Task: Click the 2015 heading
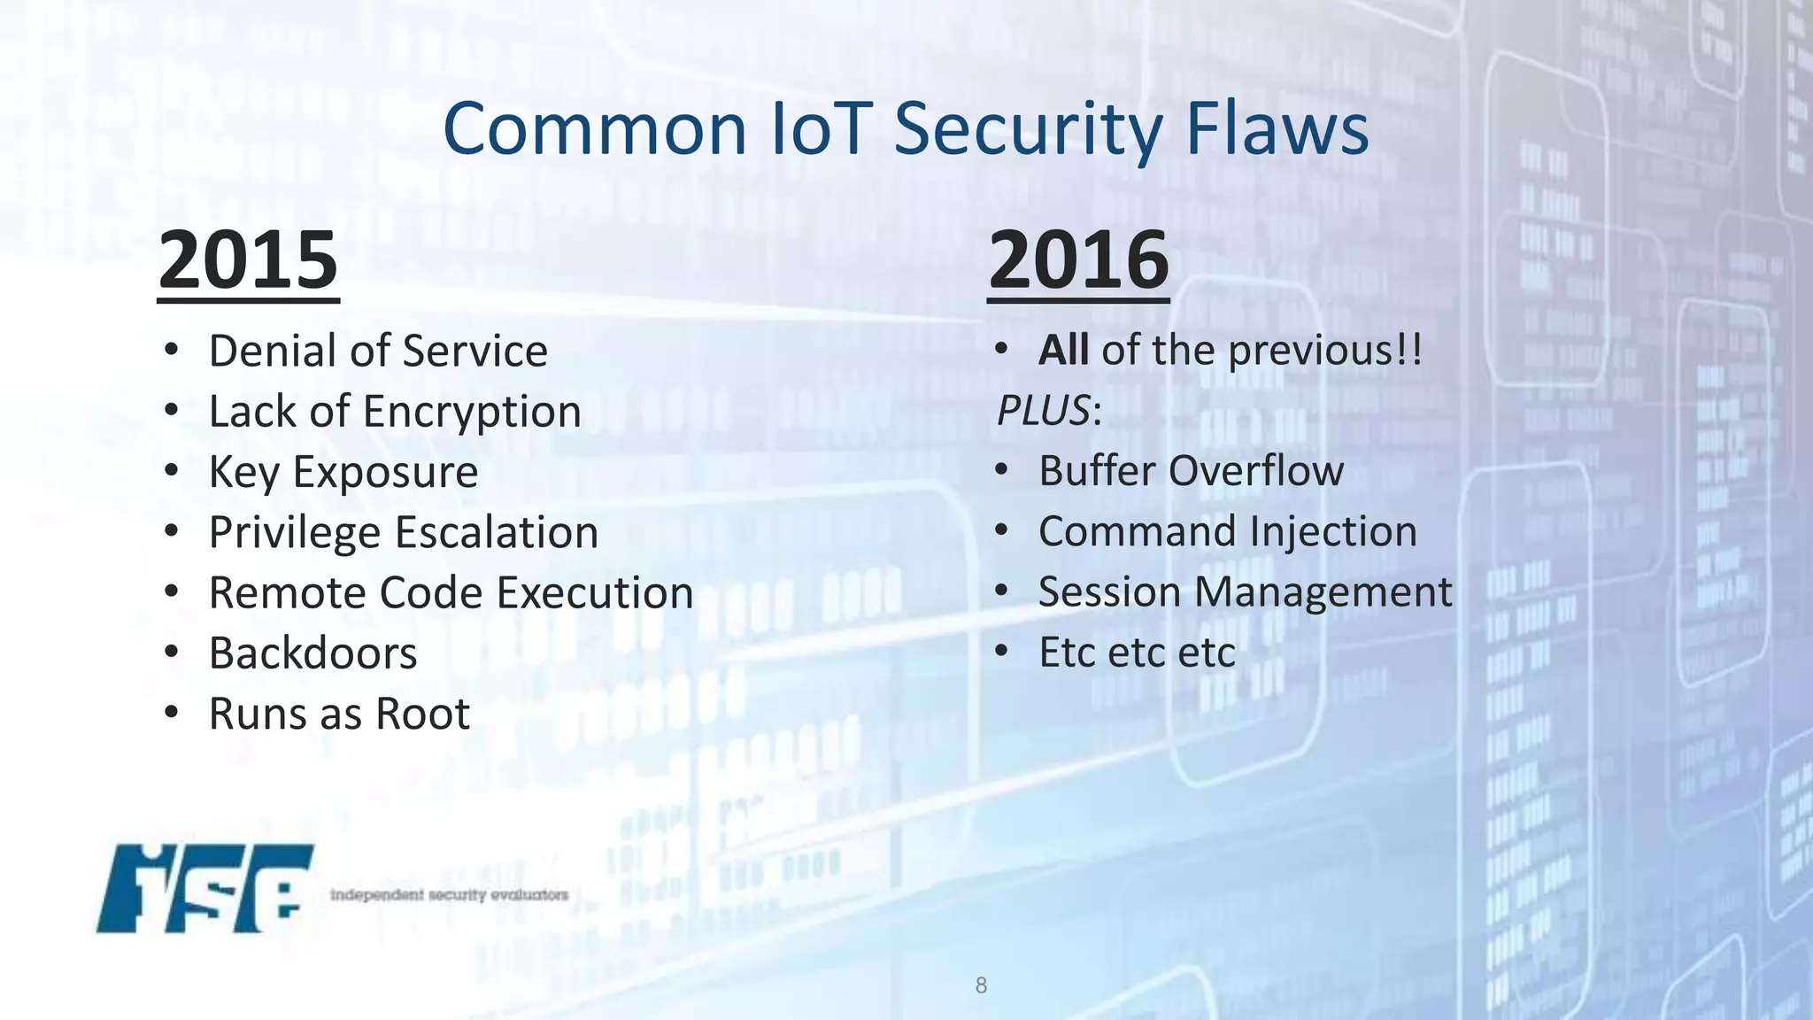coord(248,260)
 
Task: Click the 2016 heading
coord(1078,260)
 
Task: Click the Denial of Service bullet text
coord(378,352)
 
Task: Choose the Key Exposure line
coord(343,472)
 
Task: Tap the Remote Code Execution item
coord(451,593)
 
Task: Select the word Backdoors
coord(312,653)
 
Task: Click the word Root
coord(422,715)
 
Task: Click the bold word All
coord(1063,351)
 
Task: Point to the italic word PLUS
coord(1043,411)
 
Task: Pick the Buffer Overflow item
coord(1191,471)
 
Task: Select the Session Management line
coord(1245,592)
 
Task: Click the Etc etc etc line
coord(1137,653)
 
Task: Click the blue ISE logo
coord(204,888)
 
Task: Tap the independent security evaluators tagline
coord(449,895)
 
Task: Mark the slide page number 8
coord(981,985)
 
